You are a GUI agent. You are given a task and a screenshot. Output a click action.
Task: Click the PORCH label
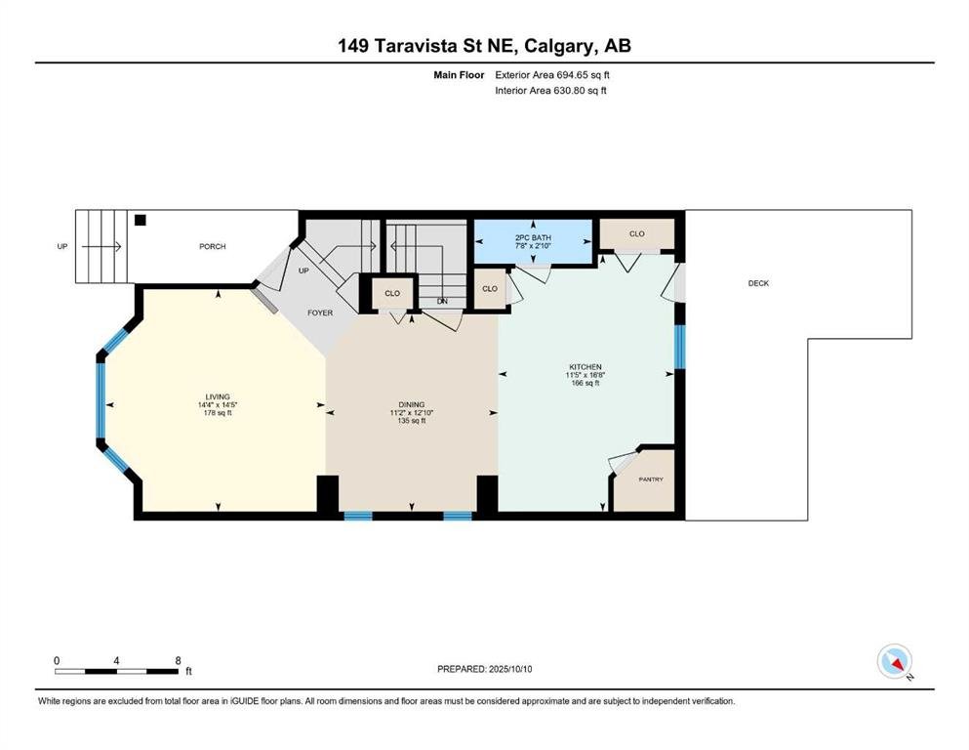coord(213,246)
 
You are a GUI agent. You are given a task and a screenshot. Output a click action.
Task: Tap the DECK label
coord(758,283)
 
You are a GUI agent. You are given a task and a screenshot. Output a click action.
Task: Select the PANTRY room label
coord(651,479)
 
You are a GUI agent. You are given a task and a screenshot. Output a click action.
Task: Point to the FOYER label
coord(320,312)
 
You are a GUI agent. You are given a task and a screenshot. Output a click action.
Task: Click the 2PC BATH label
coord(533,237)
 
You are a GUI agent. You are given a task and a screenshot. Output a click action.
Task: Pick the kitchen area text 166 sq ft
coord(585,383)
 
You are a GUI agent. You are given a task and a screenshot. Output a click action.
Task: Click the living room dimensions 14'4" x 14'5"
coord(218,405)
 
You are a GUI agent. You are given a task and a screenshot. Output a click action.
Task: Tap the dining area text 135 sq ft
coord(412,421)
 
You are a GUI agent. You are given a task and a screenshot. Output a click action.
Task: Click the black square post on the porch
coord(141,220)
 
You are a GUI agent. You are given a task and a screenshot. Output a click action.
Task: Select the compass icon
coord(895,661)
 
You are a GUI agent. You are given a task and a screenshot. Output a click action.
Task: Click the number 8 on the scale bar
coord(178,660)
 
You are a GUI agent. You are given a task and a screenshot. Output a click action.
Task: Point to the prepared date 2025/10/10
coord(510,669)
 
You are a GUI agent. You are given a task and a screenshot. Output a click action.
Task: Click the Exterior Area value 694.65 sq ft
coord(584,75)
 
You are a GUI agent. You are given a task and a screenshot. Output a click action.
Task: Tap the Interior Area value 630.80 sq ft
coord(581,90)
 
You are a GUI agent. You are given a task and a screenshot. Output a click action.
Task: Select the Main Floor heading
coord(459,75)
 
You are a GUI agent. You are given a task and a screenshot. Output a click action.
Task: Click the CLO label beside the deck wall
coord(637,233)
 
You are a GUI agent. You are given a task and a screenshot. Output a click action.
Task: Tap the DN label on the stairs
coord(442,301)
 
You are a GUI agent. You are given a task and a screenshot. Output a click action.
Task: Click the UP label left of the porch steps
coord(61,246)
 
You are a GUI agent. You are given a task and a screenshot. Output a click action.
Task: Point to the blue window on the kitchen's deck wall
coord(680,347)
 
